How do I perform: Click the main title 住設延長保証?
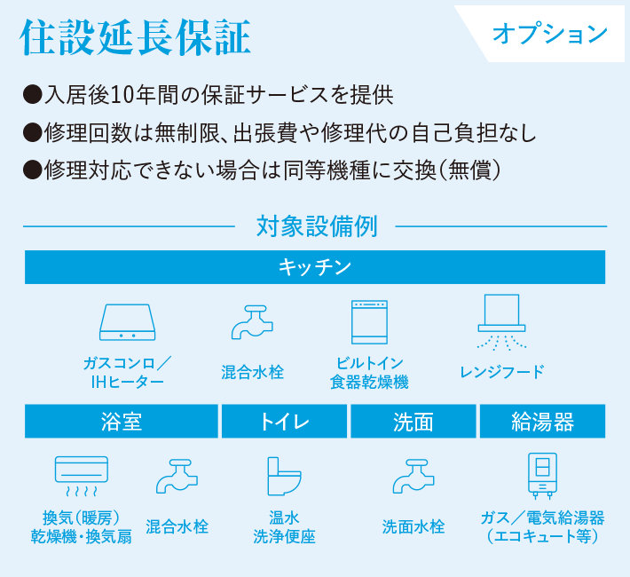[x=135, y=36]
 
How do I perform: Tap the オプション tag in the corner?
[x=550, y=35]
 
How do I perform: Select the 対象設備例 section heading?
[x=316, y=226]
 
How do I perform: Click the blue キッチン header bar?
[x=315, y=266]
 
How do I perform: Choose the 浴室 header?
[x=122, y=422]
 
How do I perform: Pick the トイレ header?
[x=284, y=422]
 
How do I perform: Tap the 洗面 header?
[x=413, y=422]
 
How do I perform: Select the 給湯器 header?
[x=542, y=422]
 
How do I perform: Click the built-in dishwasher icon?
[x=369, y=321]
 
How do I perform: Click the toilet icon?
[x=283, y=477]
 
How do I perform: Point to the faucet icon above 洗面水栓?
[x=413, y=476]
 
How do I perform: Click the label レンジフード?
[x=502, y=372]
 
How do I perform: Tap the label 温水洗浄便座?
[x=284, y=526]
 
